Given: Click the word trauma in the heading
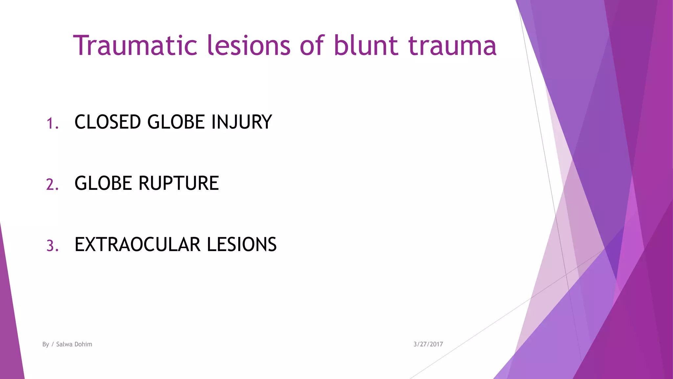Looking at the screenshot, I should [453, 46].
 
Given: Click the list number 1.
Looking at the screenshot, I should [52, 124].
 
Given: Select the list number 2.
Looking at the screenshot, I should [52, 185].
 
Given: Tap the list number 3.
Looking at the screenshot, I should [52, 246].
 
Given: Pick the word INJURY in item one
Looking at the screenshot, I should [242, 122].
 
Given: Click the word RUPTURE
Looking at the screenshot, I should [178, 183].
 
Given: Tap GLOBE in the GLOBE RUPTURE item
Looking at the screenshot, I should [103, 183].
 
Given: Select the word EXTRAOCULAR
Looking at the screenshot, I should [137, 244].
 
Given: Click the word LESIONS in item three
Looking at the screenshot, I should [242, 244].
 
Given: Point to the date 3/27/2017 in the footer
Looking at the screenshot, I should [428, 344].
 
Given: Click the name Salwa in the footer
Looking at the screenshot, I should [64, 344].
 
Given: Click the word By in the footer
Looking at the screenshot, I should [45, 344].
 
